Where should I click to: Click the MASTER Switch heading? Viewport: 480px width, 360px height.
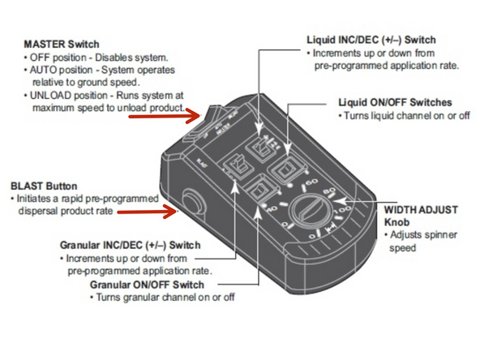click(62, 44)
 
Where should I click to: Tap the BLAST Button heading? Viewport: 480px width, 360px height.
click(44, 186)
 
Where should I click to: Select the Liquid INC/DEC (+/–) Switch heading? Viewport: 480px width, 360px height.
click(371, 40)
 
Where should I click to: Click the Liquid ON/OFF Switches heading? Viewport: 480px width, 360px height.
click(395, 102)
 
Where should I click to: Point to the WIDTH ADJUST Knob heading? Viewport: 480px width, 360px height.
click(421, 216)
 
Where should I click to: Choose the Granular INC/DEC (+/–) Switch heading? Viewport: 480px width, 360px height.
click(131, 245)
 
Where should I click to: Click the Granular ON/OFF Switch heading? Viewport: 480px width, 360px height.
click(147, 285)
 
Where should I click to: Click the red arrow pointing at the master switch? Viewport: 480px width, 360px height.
click(164, 116)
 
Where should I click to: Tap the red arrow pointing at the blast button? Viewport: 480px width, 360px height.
click(146, 212)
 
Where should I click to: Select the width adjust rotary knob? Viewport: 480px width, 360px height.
click(309, 211)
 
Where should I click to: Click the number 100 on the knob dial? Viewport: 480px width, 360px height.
click(343, 211)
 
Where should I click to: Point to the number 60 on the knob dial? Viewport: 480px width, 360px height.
click(311, 182)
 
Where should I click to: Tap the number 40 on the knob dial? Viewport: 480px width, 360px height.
click(272, 208)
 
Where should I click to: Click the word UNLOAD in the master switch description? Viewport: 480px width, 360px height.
click(50, 96)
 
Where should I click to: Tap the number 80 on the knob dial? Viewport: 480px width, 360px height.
click(329, 191)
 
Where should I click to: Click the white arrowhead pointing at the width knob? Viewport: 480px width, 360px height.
click(340, 201)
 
